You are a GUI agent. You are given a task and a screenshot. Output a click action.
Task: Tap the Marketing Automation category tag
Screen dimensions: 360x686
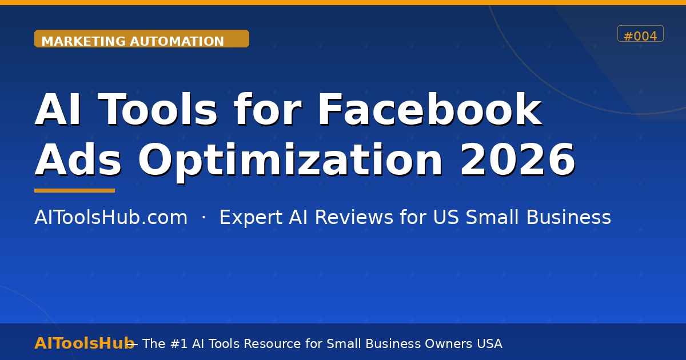141,40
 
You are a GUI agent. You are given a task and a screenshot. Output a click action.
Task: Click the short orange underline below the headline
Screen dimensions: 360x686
74,190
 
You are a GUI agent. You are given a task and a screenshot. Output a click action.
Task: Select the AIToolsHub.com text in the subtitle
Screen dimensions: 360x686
111,218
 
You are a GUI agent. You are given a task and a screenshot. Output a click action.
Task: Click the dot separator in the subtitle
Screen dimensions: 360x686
204,218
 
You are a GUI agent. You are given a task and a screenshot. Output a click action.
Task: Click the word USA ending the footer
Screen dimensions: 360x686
489,343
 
